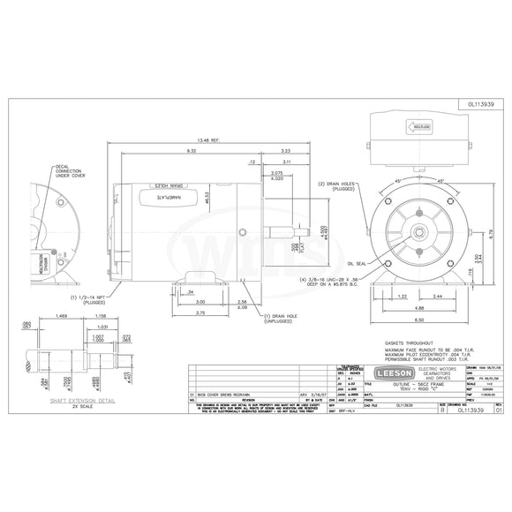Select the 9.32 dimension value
[x=191, y=152]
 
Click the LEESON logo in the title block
[x=392, y=372]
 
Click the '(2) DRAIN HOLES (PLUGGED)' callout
[x=335, y=185]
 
